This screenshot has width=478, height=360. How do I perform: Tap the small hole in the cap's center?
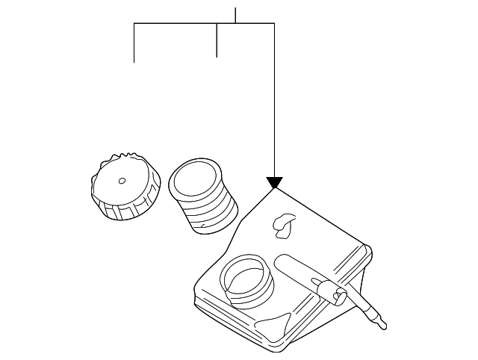tap(122, 180)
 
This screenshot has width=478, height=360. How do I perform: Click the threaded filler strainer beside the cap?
tap(202, 194)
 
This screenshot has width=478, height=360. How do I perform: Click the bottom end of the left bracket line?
tap(134, 62)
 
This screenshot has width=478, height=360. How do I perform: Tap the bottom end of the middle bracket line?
tap(217, 57)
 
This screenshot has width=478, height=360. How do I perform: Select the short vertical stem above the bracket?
tap(235, 15)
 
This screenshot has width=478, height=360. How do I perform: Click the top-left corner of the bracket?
tap(134, 24)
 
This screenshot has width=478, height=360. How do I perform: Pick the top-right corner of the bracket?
tap(274, 24)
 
